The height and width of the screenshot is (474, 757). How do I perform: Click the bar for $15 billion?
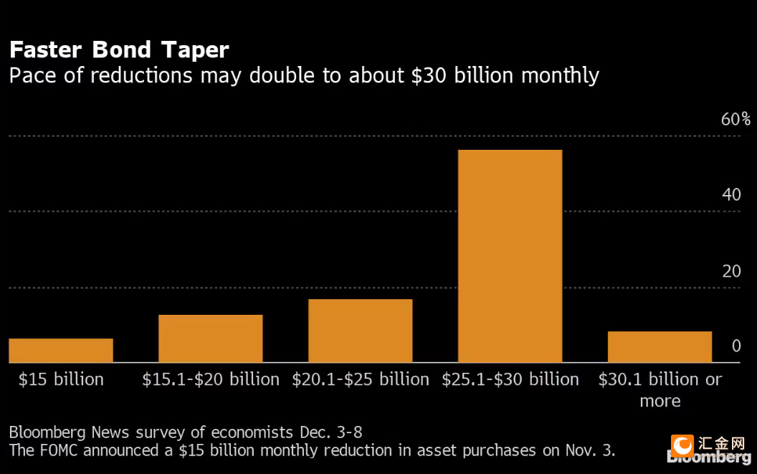tap(61, 351)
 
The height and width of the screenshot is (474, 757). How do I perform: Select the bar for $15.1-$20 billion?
tap(211, 338)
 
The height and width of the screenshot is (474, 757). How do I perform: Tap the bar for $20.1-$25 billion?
tap(360, 331)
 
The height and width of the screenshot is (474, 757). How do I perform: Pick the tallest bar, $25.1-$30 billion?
tap(510, 256)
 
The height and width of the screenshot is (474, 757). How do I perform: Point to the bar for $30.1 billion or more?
tap(660, 347)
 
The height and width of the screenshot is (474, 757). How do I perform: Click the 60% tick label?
tap(735, 119)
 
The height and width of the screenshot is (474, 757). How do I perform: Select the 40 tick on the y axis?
tap(731, 195)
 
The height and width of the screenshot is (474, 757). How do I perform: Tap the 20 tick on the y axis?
tap(731, 271)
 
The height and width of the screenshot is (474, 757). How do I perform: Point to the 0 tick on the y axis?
tap(736, 346)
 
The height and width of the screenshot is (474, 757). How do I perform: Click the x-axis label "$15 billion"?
tap(61, 379)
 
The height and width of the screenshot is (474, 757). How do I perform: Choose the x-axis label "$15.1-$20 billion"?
tap(211, 379)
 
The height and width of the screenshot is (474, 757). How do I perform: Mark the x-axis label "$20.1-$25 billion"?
tap(360, 379)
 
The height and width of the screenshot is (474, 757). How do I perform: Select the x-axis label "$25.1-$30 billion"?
tap(510, 379)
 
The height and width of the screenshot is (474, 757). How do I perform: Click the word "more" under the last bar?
tap(660, 401)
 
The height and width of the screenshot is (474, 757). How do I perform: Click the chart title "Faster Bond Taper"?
tap(119, 49)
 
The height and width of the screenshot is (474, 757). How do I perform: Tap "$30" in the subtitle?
tap(429, 76)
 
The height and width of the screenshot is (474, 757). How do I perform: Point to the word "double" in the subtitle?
tap(282, 75)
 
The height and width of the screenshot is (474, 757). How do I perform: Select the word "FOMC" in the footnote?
tap(58, 450)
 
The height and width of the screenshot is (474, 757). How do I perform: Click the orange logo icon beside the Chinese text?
tap(682, 446)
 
